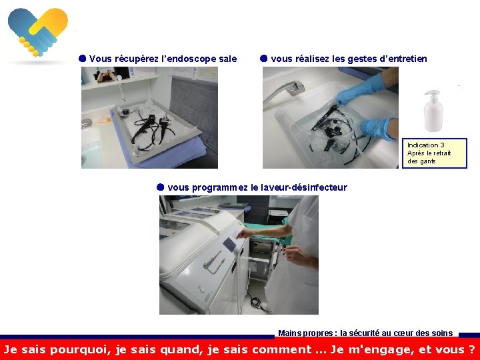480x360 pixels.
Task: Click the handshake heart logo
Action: coord(38,32)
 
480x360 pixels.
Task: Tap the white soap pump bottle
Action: coord(433,111)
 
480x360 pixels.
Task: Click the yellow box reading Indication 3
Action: coord(435,153)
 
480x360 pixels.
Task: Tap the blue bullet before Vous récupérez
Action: coord(83,59)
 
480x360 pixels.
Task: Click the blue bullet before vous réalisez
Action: coord(263,59)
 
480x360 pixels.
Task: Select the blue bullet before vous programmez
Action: coord(161,187)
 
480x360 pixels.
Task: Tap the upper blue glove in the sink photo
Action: coord(361,89)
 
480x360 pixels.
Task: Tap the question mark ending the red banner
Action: coord(472,349)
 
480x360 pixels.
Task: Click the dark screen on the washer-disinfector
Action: coord(229,244)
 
